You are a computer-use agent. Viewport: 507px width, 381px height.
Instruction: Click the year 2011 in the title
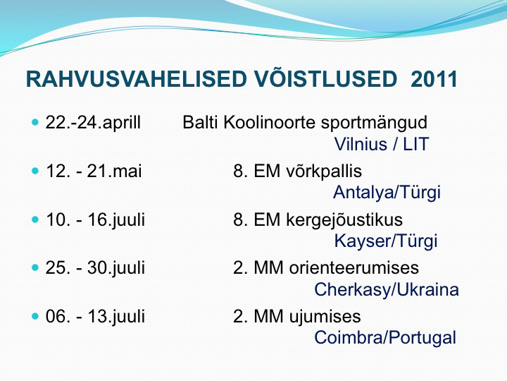[x=434, y=79]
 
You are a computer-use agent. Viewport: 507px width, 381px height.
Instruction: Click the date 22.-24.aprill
[x=93, y=123]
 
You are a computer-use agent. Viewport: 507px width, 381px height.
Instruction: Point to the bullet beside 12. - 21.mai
[x=35, y=171]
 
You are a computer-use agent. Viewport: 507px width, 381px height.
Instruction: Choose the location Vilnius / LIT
[x=381, y=144]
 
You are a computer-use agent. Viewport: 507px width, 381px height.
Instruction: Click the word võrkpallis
[x=324, y=171]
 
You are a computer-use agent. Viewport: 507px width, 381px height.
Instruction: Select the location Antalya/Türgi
[x=387, y=193]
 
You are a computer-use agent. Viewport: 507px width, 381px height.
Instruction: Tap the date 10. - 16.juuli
[x=95, y=220]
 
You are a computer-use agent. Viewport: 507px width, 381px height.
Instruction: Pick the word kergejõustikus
[x=344, y=220]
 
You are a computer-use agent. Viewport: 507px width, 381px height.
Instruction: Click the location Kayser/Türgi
[x=386, y=241]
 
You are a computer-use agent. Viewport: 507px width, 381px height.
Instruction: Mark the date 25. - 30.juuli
[x=95, y=269]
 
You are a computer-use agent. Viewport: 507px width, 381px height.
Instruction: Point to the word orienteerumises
[x=353, y=268]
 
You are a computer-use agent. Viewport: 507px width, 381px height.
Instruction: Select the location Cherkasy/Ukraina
[x=387, y=290]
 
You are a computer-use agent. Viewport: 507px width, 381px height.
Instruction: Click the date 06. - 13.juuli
[x=95, y=317]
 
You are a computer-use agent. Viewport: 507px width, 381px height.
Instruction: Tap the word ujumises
[x=325, y=317]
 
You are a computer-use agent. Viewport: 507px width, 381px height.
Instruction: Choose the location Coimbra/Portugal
[x=385, y=338]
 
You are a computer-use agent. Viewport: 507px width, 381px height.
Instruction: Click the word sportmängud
[x=374, y=123]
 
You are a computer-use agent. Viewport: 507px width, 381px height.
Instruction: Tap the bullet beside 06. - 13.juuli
[x=35, y=316]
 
